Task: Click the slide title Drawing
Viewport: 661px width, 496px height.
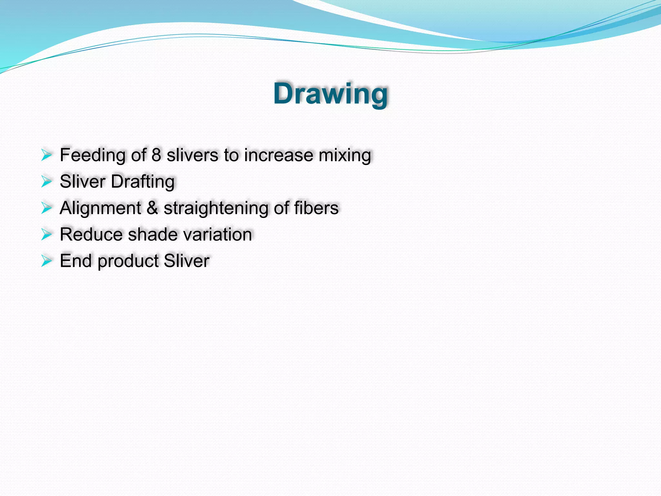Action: coord(330,94)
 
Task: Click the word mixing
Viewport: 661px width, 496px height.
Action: coord(345,155)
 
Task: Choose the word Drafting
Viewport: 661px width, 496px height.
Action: coord(143,182)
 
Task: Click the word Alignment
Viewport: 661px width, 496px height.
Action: coord(100,208)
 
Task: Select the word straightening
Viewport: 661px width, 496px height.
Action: coord(216,208)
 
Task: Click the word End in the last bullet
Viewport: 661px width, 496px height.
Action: coord(76,261)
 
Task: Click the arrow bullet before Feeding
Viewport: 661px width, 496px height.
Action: coord(46,155)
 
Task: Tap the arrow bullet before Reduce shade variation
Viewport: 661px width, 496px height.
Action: coord(46,234)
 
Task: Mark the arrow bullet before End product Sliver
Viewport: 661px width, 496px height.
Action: coord(46,261)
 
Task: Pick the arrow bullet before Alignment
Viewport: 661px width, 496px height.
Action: coord(46,208)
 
